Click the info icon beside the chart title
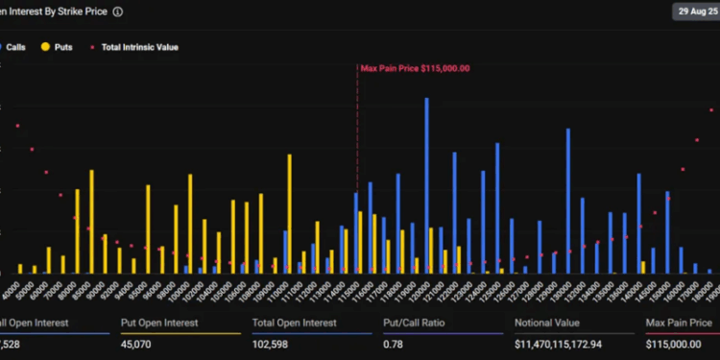(x=117, y=12)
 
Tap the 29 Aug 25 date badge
(x=695, y=12)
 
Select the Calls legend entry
(x=13, y=46)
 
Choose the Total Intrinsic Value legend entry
(x=139, y=46)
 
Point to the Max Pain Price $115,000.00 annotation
(x=415, y=68)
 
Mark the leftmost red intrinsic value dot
(x=17, y=126)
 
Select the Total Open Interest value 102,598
(x=275, y=343)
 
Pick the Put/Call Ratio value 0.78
(x=393, y=343)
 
